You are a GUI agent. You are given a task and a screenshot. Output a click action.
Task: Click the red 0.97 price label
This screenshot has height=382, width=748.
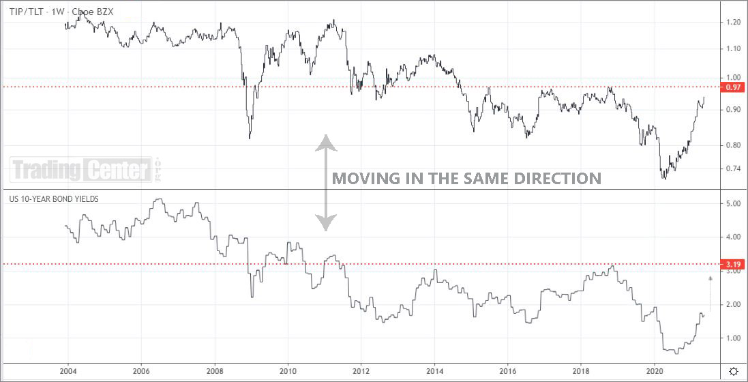pos(733,87)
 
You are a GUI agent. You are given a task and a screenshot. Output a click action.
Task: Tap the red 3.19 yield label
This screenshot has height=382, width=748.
pos(733,264)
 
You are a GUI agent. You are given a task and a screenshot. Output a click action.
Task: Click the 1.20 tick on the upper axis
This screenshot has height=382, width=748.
pos(733,23)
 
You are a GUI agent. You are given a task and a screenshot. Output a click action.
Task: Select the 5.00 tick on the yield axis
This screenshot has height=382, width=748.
pos(733,203)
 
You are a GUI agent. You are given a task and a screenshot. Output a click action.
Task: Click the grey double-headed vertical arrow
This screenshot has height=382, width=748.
pos(326,182)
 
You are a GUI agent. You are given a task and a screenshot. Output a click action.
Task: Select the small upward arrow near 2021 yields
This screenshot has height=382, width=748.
pos(710,293)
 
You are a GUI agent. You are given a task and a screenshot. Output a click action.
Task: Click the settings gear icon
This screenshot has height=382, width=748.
pos(733,370)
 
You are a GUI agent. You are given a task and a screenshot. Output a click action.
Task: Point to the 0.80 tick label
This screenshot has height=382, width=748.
pos(733,145)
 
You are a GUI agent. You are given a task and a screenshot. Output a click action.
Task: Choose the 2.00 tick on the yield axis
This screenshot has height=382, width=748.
pos(733,304)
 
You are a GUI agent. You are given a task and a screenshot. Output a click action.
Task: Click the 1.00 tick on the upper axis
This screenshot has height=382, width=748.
pos(733,78)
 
